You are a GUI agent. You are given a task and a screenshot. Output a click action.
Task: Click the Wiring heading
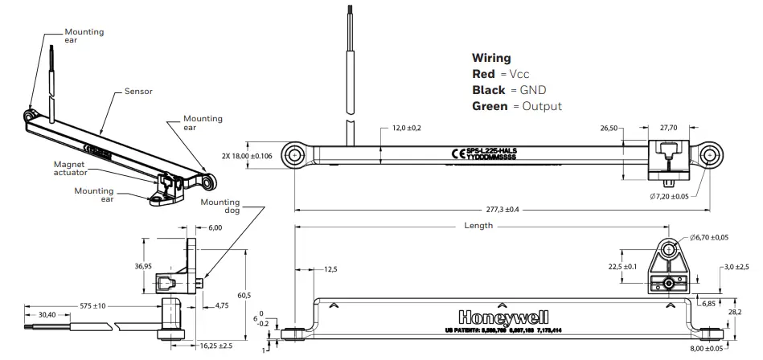490,59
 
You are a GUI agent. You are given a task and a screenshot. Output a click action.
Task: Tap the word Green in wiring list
490,106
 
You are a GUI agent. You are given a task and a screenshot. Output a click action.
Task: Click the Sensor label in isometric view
138,92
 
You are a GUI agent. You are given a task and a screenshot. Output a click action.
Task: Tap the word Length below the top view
478,226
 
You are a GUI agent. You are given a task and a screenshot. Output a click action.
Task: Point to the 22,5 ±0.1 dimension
622,266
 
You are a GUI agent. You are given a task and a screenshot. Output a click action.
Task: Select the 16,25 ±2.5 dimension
216,345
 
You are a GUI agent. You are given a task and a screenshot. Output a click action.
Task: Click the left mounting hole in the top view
297,153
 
